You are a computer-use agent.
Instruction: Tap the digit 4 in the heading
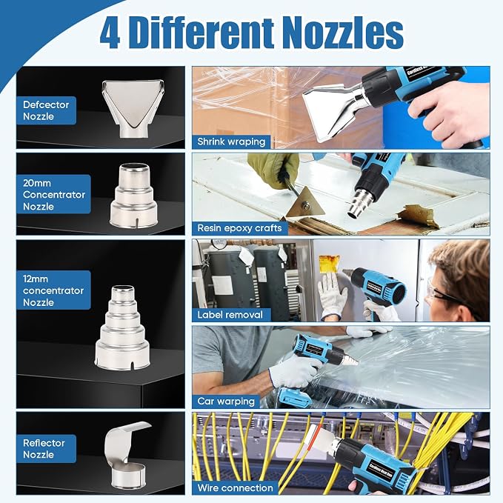[x=110, y=33]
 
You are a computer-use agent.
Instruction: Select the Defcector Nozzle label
[x=46, y=110]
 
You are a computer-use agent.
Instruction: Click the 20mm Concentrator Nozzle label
[x=53, y=194]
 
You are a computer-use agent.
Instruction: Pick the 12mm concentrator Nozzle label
[x=53, y=290]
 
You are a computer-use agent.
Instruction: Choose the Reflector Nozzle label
[x=46, y=448]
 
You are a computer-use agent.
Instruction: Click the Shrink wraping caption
[x=231, y=141]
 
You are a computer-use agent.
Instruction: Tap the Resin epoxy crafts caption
[x=239, y=228]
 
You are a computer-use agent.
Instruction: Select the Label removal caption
[x=230, y=315]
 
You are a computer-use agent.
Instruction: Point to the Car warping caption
[x=226, y=401]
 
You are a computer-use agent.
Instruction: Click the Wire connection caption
[x=235, y=488]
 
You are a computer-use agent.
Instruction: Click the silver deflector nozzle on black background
[x=133, y=108]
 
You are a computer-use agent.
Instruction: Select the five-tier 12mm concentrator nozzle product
[x=122, y=326]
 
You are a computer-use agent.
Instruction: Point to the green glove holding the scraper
[x=273, y=170]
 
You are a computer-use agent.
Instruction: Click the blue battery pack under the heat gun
[x=295, y=398]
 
